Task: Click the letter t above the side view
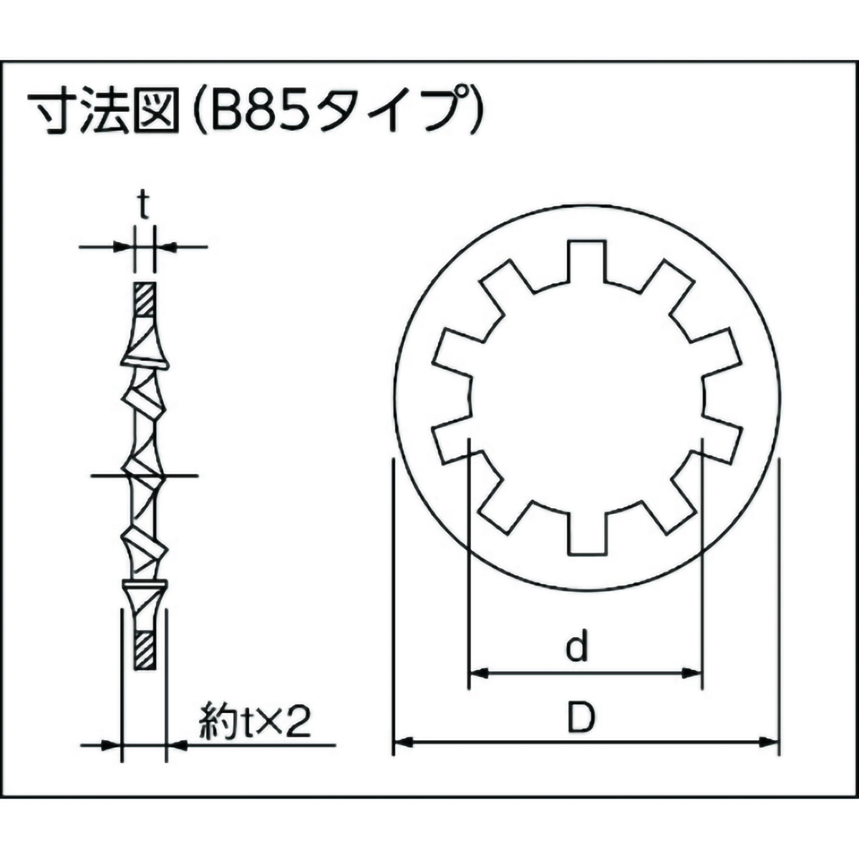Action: click(x=143, y=208)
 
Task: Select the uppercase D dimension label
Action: click(x=581, y=718)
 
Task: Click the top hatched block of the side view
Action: click(x=144, y=299)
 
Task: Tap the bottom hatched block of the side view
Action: click(x=145, y=649)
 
